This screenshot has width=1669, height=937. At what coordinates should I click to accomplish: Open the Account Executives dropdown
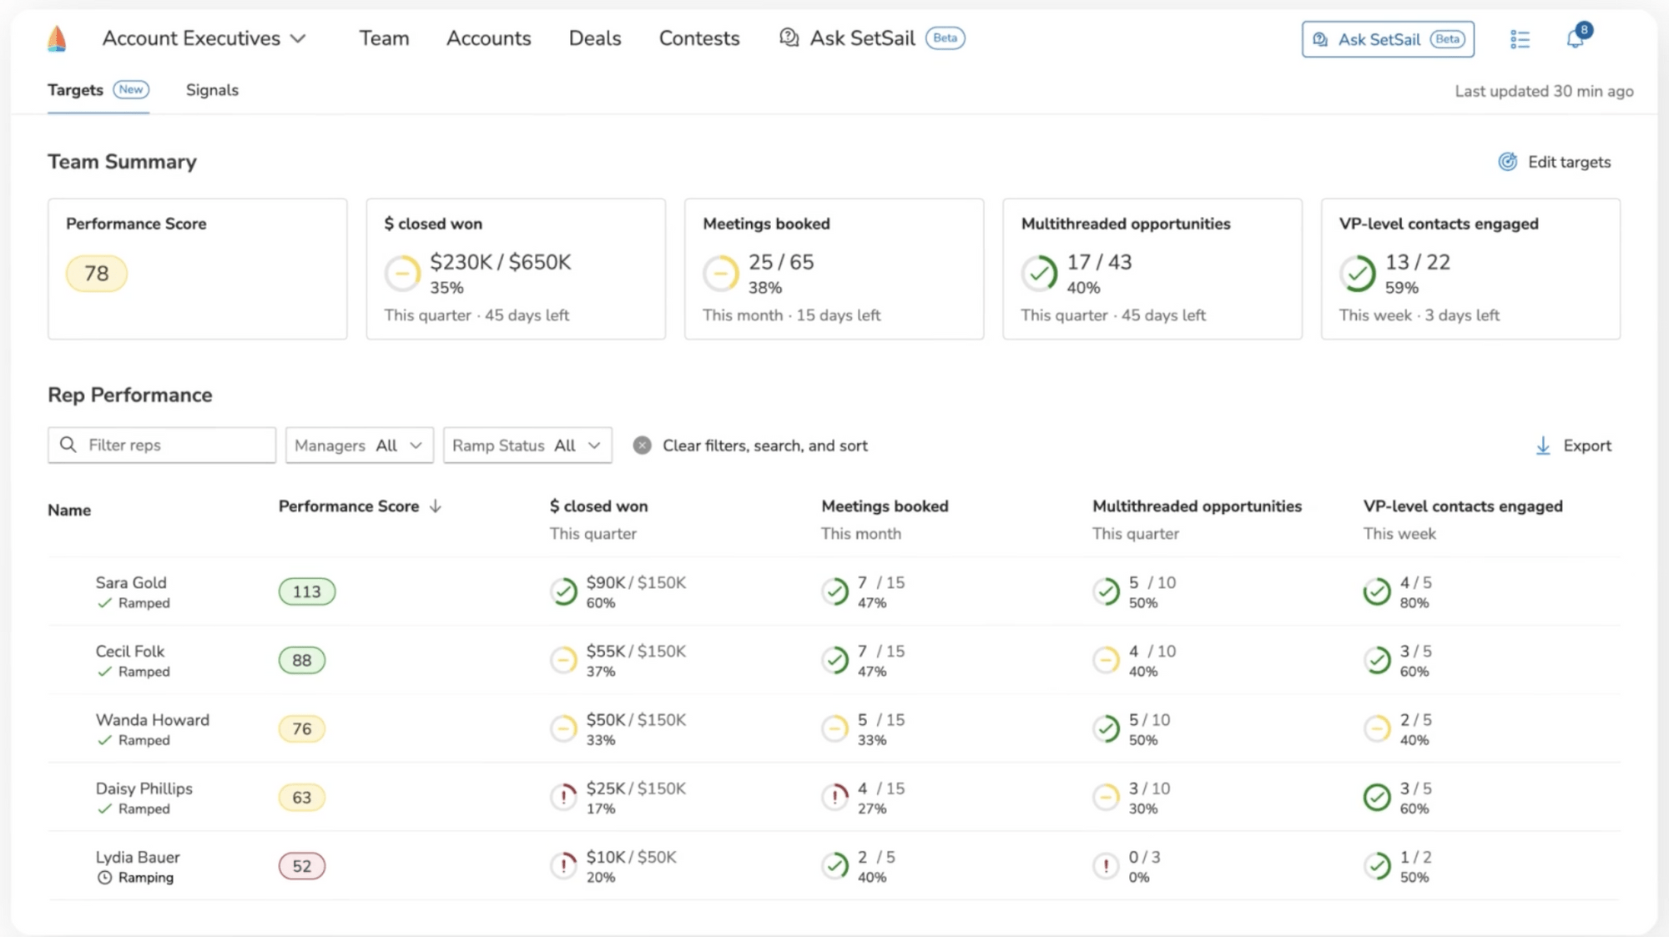coord(204,38)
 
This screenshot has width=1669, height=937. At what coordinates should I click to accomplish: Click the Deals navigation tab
coord(594,38)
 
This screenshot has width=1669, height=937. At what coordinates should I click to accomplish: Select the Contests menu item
coord(698,38)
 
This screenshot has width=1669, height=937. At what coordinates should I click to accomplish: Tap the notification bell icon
coord(1575,38)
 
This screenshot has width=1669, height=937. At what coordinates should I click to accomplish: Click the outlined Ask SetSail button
coord(1387,39)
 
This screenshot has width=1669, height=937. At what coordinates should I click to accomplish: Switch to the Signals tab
coord(212,90)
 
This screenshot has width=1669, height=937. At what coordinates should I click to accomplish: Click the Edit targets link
coord(1555,162)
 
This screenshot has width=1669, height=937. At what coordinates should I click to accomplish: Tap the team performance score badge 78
coord(96,274)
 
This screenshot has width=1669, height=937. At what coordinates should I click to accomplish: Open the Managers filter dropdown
coord(359,446)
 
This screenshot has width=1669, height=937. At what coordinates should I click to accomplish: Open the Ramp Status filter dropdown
coord(527,446)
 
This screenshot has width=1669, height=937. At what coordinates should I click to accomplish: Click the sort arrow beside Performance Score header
coord(436,506)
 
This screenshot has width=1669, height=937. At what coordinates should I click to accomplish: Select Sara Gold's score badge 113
coord(306,592)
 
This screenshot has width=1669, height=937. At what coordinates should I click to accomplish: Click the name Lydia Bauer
coord(138,857)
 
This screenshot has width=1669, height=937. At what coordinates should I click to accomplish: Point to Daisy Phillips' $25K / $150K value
coord(636,788)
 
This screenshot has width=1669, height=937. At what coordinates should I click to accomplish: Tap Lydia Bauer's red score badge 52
coord(301,866)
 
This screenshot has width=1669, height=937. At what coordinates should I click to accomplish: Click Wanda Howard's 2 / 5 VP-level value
coord(1415,720)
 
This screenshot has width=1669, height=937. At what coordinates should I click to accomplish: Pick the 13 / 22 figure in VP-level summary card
coord(1417,262)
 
